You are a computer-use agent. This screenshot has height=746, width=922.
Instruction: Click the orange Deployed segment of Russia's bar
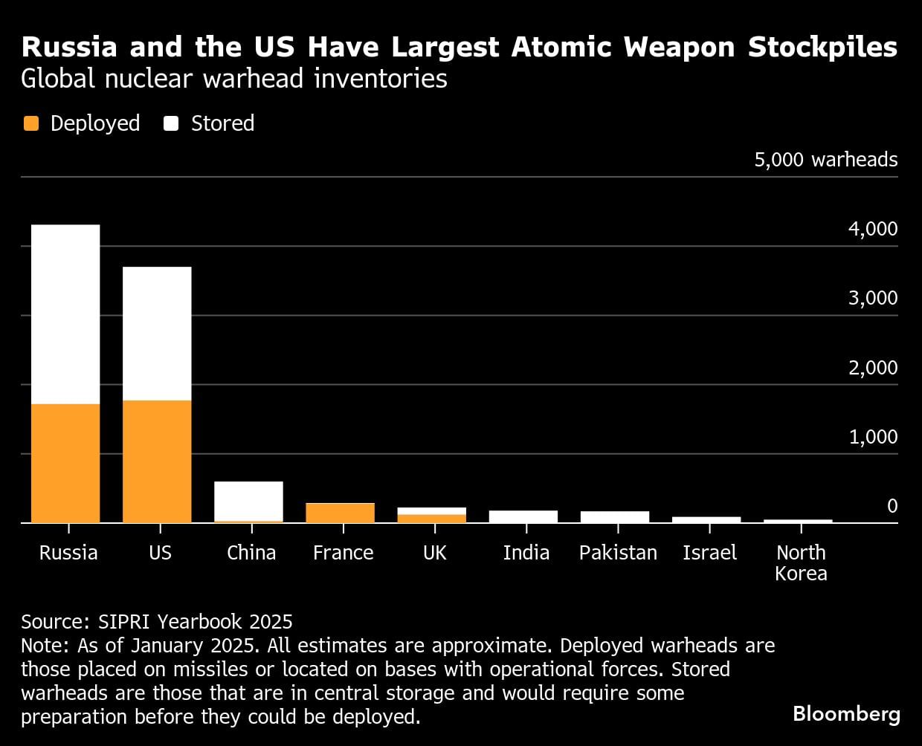[x=65, y=463]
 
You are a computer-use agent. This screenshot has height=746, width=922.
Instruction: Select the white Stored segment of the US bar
[x=157, y=333]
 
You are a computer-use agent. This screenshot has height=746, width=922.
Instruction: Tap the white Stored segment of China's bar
[x=248, y=501]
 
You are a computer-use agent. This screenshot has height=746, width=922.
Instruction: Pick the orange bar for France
[x=341, y=513]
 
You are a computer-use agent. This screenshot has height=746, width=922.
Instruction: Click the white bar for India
[x=523, y=516]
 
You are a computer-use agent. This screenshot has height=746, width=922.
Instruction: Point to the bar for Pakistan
[x=615, y=517]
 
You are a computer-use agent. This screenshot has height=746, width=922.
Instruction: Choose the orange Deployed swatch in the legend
[x=31, y=123]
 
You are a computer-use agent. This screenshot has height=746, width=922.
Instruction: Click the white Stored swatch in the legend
[x=172, y=123]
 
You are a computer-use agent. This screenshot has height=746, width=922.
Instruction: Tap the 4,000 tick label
[x=873, y=229]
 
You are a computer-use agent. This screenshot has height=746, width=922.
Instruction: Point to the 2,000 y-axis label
[x=873, y=368]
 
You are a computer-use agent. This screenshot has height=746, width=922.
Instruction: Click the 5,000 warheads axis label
[x=825, y=160]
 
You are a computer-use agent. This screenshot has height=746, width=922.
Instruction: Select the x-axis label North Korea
[x=801, y=562]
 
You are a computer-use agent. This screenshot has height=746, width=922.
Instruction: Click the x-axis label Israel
[x=709, y=553]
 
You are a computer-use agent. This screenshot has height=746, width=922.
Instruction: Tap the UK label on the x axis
[x=435, y=553]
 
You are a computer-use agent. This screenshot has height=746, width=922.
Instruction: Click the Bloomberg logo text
[x=846, y=714]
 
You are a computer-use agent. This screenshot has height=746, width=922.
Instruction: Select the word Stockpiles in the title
[x=822, y=47]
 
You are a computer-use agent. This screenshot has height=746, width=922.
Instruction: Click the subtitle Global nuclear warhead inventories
[x=234, y=79]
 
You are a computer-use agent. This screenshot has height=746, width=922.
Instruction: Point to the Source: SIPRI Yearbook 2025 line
[x=157, y=622]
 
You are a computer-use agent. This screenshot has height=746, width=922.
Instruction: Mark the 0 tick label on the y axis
[x=892, y=506]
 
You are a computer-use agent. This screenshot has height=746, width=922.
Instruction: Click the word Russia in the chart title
[x=69, y=47]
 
